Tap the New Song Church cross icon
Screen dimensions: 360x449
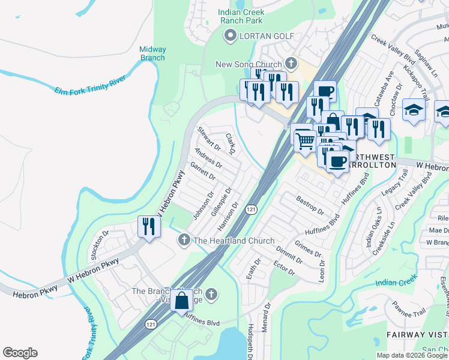[291, 63]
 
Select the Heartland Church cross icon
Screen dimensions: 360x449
[184, 241]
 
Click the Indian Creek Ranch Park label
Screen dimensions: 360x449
[241, 16]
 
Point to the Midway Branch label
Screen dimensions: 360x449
[152, 53]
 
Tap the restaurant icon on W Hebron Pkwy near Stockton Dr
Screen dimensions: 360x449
[148, 226]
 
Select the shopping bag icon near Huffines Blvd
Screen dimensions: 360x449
[181, 300]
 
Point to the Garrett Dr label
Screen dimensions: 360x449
[202, 170]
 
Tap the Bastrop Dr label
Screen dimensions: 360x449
[310, 205]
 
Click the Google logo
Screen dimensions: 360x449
[20, 353]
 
